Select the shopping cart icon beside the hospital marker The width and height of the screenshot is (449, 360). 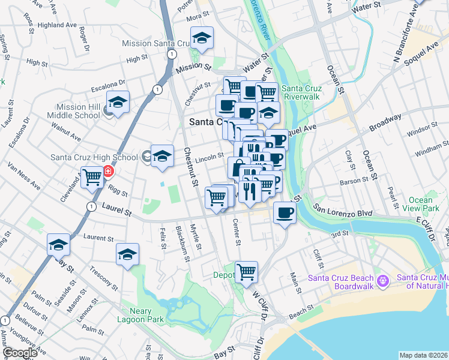[x=92, y=177]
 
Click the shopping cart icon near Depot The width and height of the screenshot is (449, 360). [x=246, y=272]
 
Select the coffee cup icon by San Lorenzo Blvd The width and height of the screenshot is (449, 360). [x=285, y=212]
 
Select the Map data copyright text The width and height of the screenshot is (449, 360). [x=423, y=355]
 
